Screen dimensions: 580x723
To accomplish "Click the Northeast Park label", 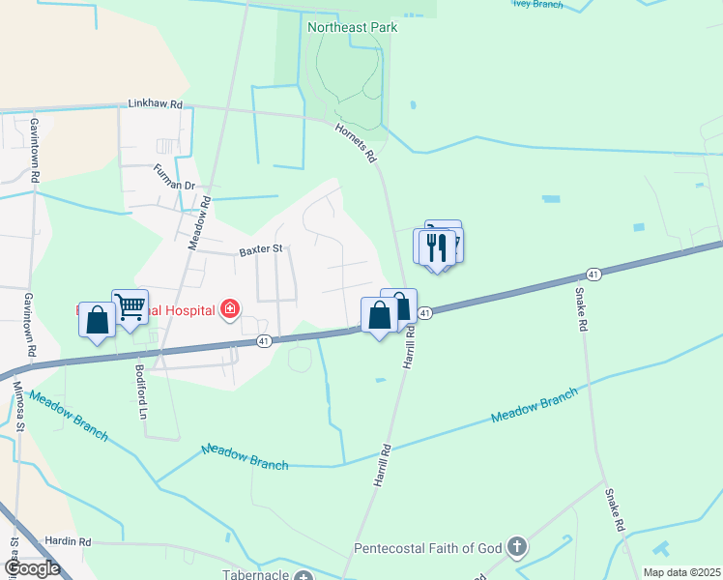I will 352,27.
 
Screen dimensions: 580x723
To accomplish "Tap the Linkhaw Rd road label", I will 155,103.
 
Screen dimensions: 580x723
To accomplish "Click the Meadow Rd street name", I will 199,223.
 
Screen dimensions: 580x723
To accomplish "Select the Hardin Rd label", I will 67,542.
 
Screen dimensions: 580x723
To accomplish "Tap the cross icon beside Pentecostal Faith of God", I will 517,548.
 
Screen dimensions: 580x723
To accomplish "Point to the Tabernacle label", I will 254,571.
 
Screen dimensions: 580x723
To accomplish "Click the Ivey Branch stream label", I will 538,4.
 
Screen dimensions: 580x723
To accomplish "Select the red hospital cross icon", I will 230,309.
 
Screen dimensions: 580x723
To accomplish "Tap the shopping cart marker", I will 130,306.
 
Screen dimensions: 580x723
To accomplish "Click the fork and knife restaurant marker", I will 437,246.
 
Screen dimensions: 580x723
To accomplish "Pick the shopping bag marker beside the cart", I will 97,320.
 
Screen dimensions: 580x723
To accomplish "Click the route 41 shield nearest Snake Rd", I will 593,275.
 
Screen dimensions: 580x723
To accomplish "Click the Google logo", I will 31,567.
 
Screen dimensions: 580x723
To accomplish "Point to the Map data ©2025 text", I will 680,572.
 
